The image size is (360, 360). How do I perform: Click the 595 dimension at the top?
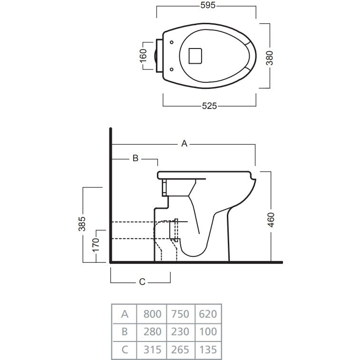point(208,5)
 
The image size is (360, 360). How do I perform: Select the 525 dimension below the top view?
point(209,106)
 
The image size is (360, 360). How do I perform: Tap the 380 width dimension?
point(270,58)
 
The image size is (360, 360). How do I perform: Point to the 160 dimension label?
point(143,56)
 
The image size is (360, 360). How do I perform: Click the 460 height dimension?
point(271,220)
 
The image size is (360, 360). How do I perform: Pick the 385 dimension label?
point(82,224)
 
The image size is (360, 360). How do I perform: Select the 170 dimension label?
point(96,245)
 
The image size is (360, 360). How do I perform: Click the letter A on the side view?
point(185,144)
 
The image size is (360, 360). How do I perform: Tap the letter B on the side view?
point(136,158)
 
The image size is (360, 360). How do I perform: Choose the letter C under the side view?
point(142,282)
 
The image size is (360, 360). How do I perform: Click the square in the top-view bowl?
point(195,56)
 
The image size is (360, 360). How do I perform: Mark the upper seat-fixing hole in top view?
point(172,42)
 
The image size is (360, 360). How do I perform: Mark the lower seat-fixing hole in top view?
point(172,69)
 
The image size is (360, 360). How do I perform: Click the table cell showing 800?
point(152,314)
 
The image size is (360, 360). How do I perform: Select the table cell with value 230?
point(180,332)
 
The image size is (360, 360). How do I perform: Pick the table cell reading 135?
point(208,350)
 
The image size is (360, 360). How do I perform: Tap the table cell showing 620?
point(208,314)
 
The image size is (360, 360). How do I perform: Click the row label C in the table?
point(125,350)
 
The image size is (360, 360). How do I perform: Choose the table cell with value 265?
point(180,350)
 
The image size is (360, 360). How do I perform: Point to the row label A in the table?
point(125,314)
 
